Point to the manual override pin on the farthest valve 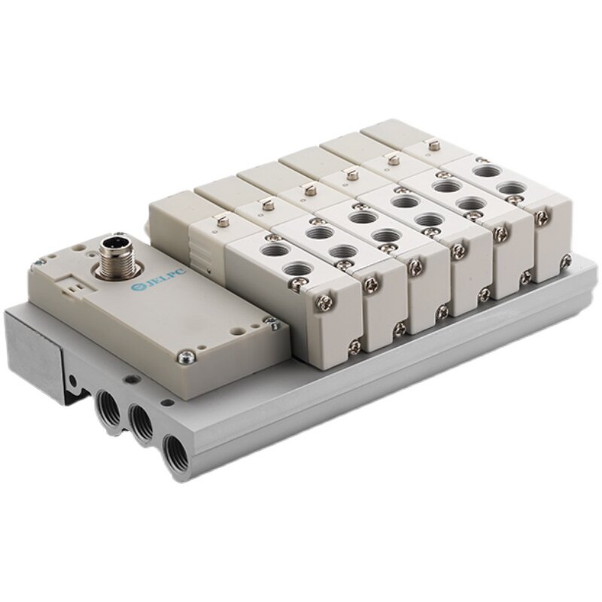click(x=433, y=144)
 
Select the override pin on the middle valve click(x=350, y=175)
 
